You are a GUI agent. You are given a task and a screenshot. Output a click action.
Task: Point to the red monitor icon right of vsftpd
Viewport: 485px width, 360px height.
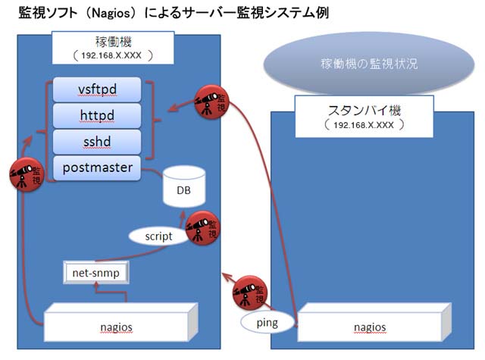[211, 100]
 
